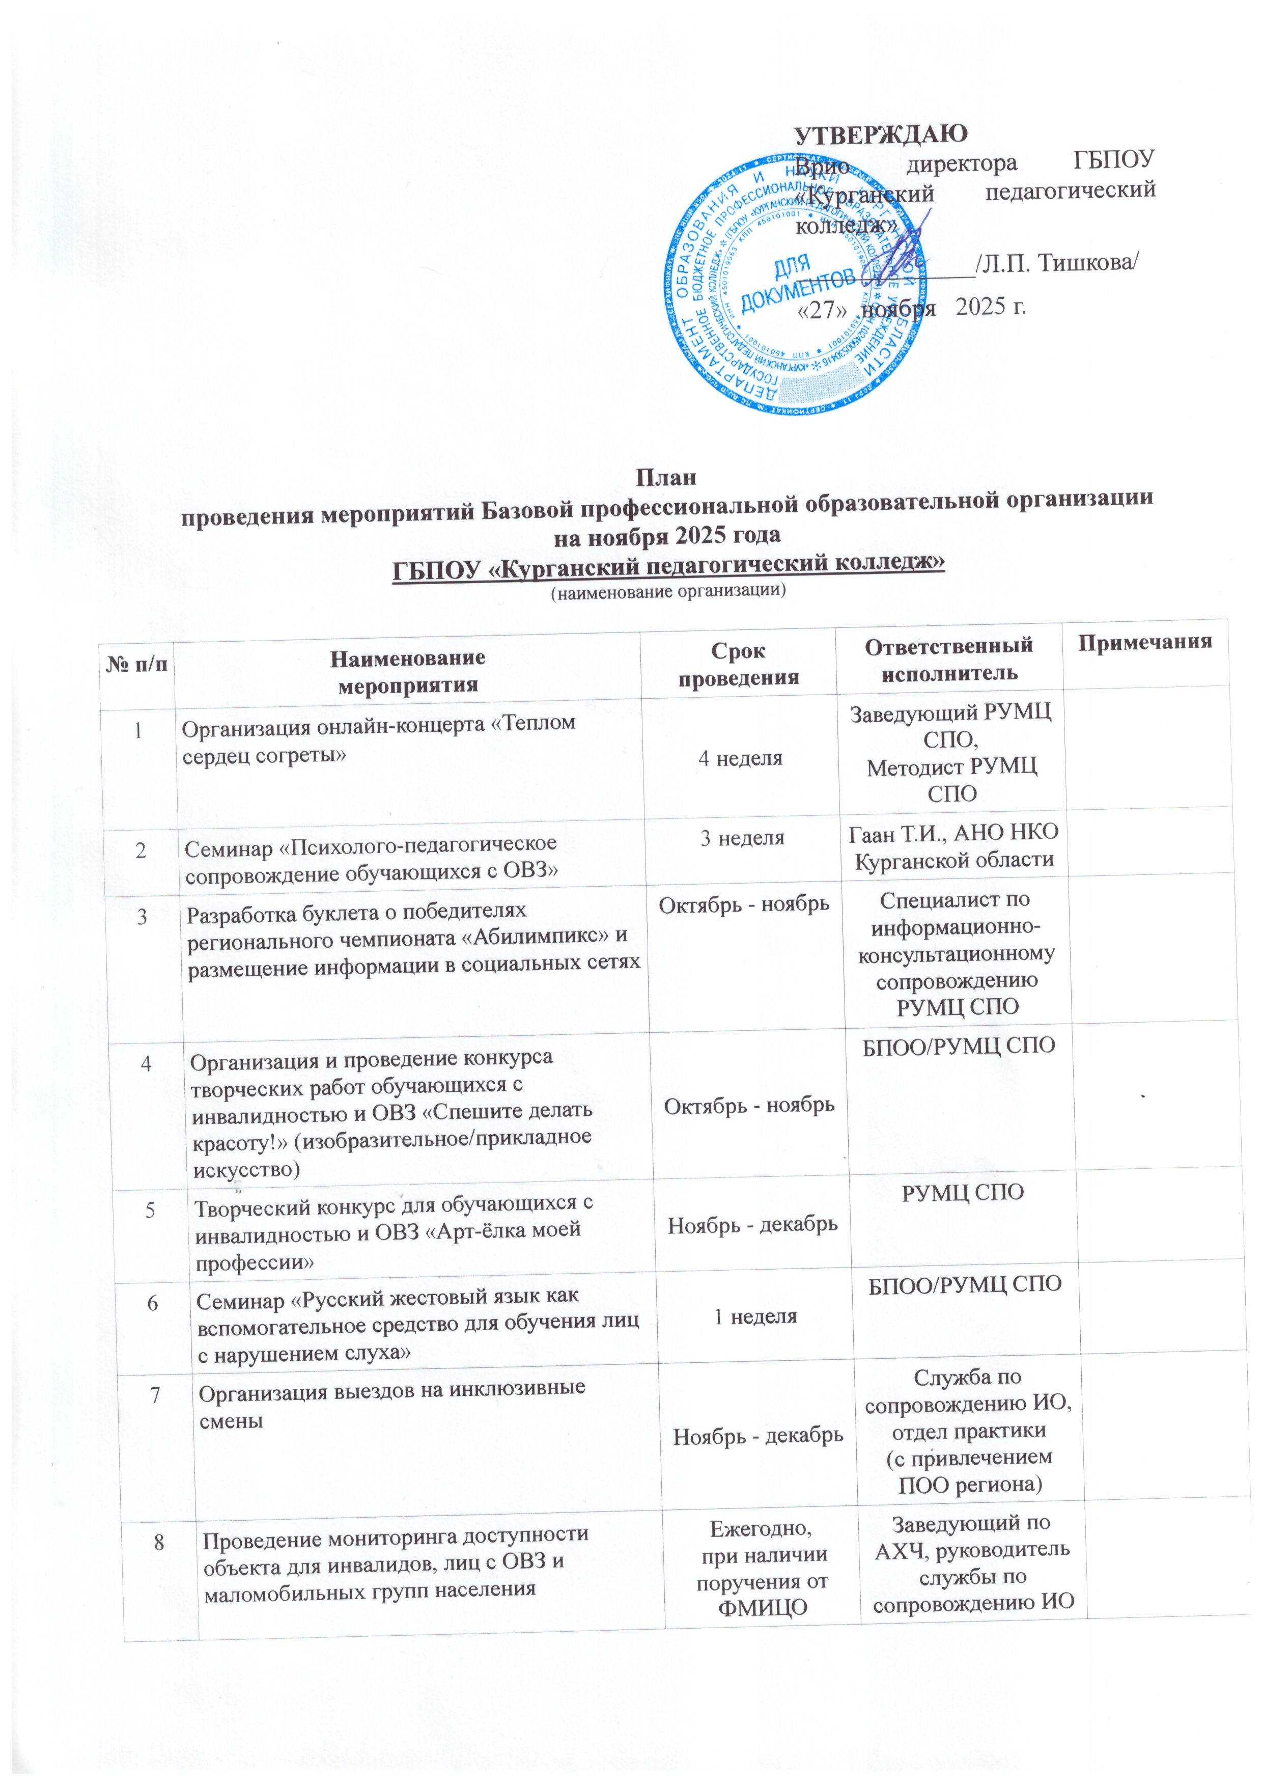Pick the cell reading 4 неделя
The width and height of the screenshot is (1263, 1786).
point(740,758)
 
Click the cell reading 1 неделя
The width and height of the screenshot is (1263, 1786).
point(755,1316)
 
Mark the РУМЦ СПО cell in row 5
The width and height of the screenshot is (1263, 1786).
point(962,1192)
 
